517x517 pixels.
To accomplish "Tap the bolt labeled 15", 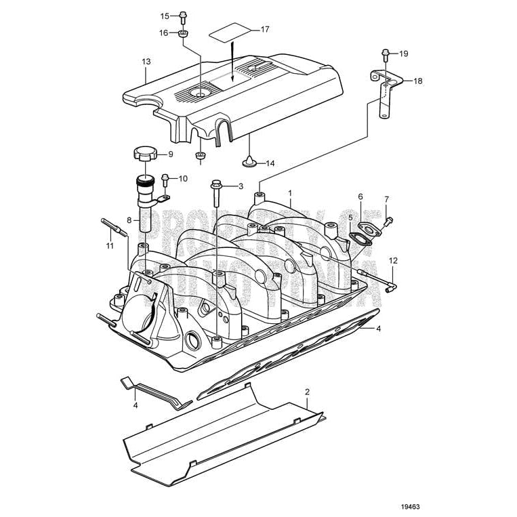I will coord(183,16).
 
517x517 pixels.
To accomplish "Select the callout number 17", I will coord(264,29).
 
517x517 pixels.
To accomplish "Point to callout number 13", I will coord(146,61).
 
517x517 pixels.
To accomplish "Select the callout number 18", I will coord(417,81).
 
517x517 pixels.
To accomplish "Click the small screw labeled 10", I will coord(166,179).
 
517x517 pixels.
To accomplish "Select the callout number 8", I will coord(129,220).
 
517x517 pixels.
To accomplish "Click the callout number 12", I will coord(393,260).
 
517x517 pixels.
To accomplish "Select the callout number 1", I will coord(290,192).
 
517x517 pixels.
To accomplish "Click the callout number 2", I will coord(307,392).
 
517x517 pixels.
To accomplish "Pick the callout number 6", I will coord(360,197).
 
